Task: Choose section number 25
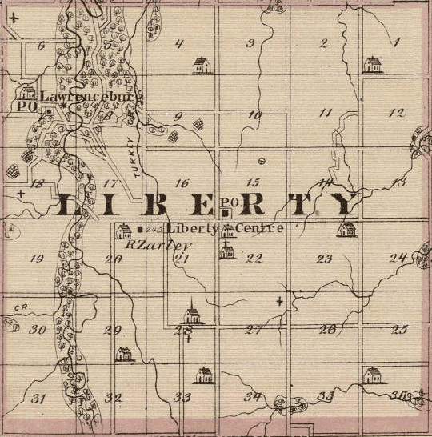(x=399, y=329)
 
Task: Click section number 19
(x=36, y=258)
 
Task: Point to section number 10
(x=254, y=115)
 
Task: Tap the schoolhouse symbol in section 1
(x=373, y=64)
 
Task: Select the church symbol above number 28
(x=192, y=312)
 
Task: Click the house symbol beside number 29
(x=123, y=352)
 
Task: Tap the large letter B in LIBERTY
(x=157, y=206)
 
